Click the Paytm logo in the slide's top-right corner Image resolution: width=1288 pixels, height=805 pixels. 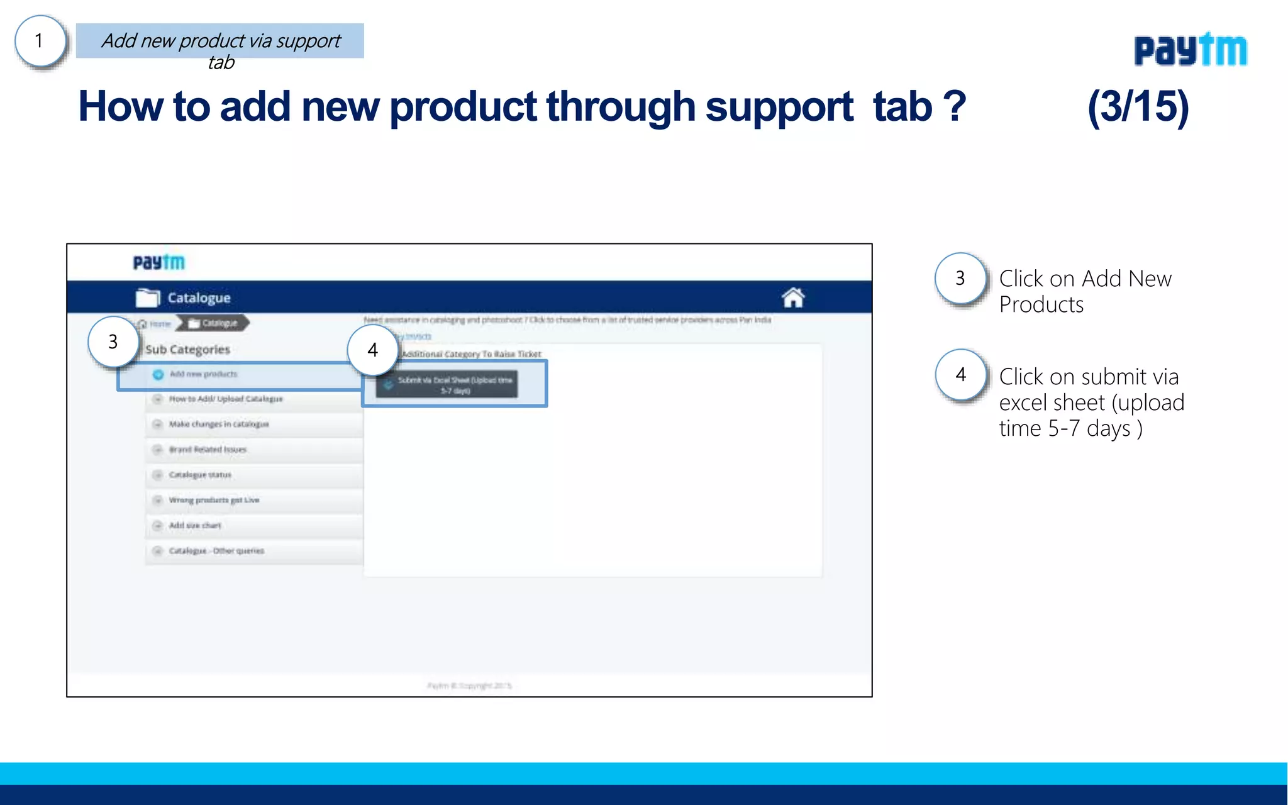click(1190, 50)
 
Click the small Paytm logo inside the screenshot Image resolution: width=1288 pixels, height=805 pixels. click(159, 262)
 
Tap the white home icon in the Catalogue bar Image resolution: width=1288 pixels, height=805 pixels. click(793, 297)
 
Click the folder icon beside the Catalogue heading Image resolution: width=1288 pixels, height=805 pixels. click(148, 297)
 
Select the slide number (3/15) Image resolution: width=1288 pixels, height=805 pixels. click(1138, 107)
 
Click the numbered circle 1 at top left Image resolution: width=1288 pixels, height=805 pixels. click(40, 41)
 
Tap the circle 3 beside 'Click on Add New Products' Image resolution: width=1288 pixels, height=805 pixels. click(960, 278)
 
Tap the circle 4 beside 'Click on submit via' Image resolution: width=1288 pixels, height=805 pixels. click(960, 375)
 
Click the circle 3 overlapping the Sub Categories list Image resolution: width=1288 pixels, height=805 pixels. click(113, 341)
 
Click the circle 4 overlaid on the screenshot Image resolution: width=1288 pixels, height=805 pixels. click(372, 350)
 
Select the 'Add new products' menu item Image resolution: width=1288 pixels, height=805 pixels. click(203, 374)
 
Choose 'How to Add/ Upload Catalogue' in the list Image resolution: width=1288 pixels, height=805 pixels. click(226, 399)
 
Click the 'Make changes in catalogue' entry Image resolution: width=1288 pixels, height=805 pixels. click(219, 425)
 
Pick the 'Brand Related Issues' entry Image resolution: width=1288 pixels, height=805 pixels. click(208, 450)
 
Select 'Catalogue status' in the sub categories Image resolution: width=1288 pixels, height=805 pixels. click(200, 475)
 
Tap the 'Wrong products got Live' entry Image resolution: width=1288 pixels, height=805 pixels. click(214, 500)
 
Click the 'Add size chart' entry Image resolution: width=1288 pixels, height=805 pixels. click(195, 525)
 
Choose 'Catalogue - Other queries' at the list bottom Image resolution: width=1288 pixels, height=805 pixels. click(216, 551)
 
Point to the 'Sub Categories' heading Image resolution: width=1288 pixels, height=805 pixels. click(187, 349)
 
